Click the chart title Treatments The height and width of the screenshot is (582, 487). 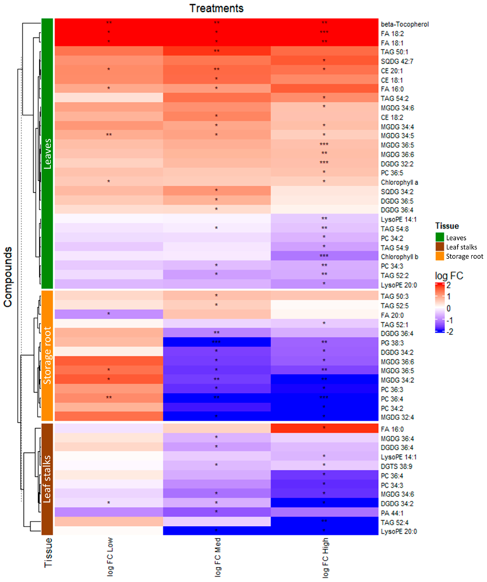[x=216, y=8]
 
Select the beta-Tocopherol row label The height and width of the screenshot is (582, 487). [x=405, y=24]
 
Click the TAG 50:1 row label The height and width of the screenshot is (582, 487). [x=394, y=52]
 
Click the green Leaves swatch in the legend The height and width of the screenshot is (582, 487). [x=440, y=237]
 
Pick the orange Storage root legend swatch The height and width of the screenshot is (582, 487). [x=440, y=256]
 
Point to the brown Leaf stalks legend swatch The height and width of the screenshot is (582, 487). [x=440, y=247]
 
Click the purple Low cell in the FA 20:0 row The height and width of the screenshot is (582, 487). [x=109, y=314]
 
